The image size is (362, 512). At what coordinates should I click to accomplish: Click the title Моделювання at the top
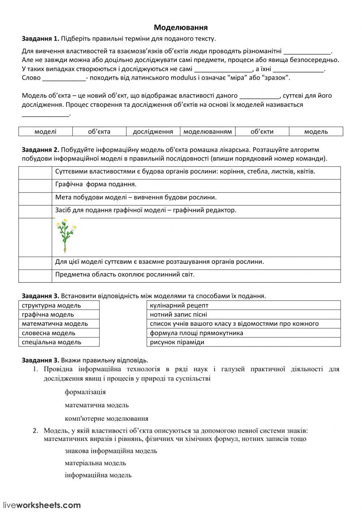181,28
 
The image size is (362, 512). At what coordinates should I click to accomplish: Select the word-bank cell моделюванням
207,132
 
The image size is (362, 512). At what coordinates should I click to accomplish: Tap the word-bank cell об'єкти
262,132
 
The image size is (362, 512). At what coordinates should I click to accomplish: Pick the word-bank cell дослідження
153,132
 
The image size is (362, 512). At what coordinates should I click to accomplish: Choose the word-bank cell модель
316,132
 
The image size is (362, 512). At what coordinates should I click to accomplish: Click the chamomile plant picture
66,236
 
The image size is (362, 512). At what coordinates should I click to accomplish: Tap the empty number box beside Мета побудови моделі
35,198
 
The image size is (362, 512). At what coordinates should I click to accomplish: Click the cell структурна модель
59,305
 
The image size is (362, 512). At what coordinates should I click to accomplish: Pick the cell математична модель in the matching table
59,324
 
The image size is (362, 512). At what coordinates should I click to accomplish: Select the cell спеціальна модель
59,342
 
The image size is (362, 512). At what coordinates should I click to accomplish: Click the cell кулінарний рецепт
243,305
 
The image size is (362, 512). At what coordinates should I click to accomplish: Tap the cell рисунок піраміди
243,342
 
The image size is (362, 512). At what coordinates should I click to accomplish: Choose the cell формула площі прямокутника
243,333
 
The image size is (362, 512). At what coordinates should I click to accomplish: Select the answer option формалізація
85,392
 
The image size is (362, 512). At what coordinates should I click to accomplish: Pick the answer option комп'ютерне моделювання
106,419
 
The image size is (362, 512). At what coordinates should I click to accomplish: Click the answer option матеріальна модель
95,463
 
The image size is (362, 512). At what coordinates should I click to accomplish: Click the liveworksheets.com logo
42,505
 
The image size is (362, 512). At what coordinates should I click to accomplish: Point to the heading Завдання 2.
40,150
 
